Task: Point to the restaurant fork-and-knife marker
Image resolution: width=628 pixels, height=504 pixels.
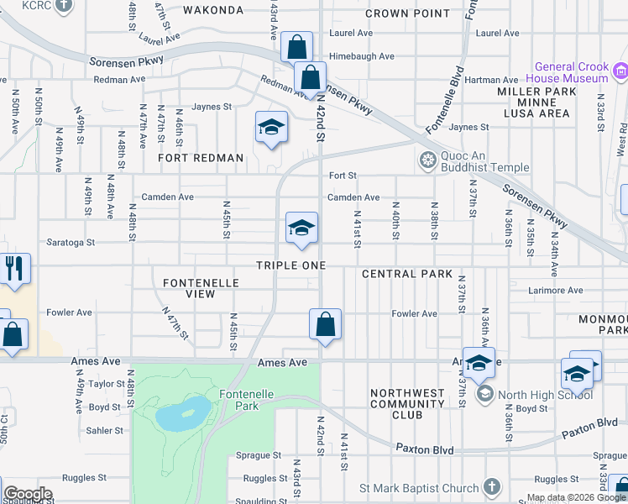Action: (x=16, y=268)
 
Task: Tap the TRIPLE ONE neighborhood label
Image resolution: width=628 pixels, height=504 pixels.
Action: (x=290, y=265)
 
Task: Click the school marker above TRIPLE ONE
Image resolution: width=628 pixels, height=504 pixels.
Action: (x=301, y=228)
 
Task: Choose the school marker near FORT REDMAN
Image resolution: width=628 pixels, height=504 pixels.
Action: (x=271, y=128)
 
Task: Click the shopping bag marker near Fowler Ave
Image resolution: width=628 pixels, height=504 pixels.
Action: (x=325, y=324)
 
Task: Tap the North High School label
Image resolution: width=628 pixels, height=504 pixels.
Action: (x=546, y=395)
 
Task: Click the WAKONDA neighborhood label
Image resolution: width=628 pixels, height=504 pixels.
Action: (x=213, y=11)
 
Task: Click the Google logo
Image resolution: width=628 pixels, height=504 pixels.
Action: (x=27, y=494)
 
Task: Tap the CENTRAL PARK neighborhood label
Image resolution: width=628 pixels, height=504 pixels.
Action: (x=407, y=275)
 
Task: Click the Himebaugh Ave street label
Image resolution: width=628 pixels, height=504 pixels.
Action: (x=362, y=56)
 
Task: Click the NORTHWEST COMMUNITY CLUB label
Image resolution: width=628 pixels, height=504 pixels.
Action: (x=407, y=403)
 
